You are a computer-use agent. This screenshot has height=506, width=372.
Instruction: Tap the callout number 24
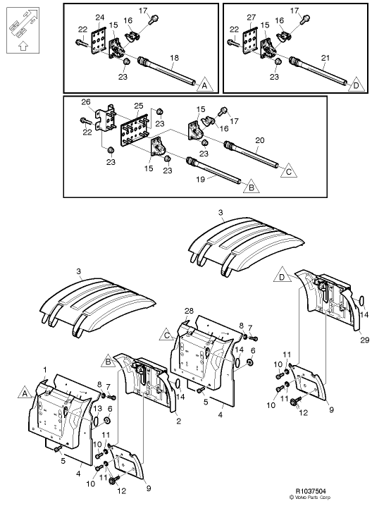pyautogui.click(x=99, y=17)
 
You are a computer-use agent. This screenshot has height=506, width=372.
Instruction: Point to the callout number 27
pyautogui.click(x=250, y=17)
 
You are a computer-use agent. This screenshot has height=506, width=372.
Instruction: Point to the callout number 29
pyautogui.click(x=364, y=341)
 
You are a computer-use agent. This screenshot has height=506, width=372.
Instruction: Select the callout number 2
pyautogui.click(x=178, y=421)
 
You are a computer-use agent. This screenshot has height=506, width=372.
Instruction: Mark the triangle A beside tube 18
pyautogui.click(x=204, y=85)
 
